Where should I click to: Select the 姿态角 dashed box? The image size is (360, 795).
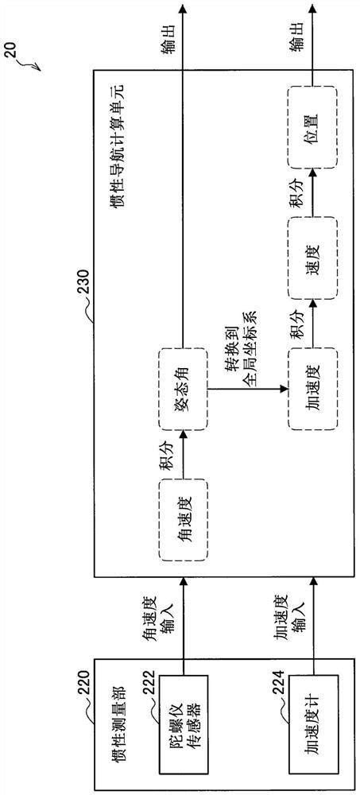182,389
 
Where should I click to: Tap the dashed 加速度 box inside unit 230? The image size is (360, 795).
310,389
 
